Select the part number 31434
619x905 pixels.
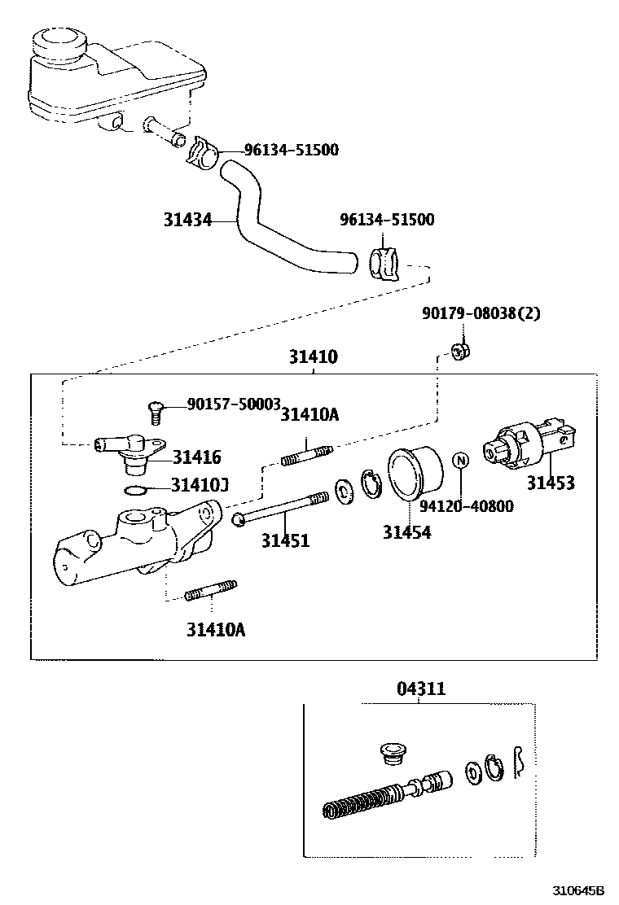click(187, 220)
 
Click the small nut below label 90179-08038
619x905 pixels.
click(462, 352)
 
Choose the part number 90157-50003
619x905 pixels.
click(234, 404)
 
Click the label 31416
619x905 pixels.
click(196, 457)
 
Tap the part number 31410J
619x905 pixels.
click(200, 486)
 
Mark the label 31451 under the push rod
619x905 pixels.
click(285, 540)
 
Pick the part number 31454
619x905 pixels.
click(407, 533)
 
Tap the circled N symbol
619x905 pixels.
click(460, 461)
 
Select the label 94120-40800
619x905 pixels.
click(467, 506)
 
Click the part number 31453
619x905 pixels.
click(550, 483)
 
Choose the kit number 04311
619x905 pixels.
click(421, 689)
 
